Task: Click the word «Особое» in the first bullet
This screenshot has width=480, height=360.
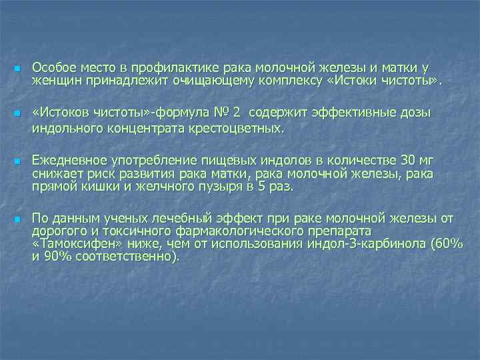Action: point(53,67)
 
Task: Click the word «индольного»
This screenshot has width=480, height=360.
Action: point(63,127)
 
